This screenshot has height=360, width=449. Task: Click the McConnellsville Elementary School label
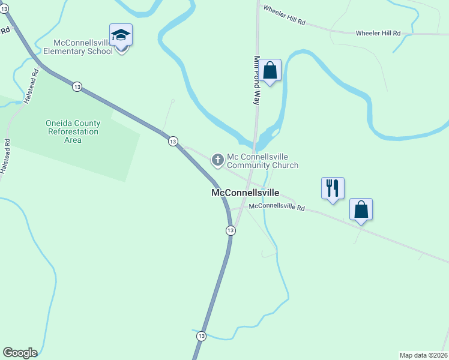tap(83, 47)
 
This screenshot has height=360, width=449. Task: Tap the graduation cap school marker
tap(121, 35)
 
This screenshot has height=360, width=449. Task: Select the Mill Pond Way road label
tap(256, 80)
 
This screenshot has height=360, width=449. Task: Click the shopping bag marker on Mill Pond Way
tap(271, 70)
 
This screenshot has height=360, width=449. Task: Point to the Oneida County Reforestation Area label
tap(73, 131)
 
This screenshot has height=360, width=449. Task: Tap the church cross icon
tap(217, 159)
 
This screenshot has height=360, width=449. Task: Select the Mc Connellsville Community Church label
tap(262, 161)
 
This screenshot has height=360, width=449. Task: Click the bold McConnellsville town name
tap(245, 193)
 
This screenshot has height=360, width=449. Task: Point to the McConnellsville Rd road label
tap(277, 207)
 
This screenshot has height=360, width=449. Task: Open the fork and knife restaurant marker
tap(332, 188)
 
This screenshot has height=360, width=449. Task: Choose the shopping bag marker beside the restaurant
tap(361, 209)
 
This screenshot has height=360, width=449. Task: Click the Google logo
tap(20, 353)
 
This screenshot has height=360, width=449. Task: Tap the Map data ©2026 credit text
tap(423, 355)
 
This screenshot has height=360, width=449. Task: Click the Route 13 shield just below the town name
tap(231, 230)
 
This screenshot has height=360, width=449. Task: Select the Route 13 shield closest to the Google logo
tap(202, 336)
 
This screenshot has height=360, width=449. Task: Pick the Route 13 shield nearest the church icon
tap(173, 141)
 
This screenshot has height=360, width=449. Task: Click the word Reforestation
tap(74, 131)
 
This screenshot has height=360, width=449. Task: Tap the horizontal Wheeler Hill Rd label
tap(378, 33)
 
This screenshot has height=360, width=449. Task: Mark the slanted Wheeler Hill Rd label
tap(284, 16)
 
